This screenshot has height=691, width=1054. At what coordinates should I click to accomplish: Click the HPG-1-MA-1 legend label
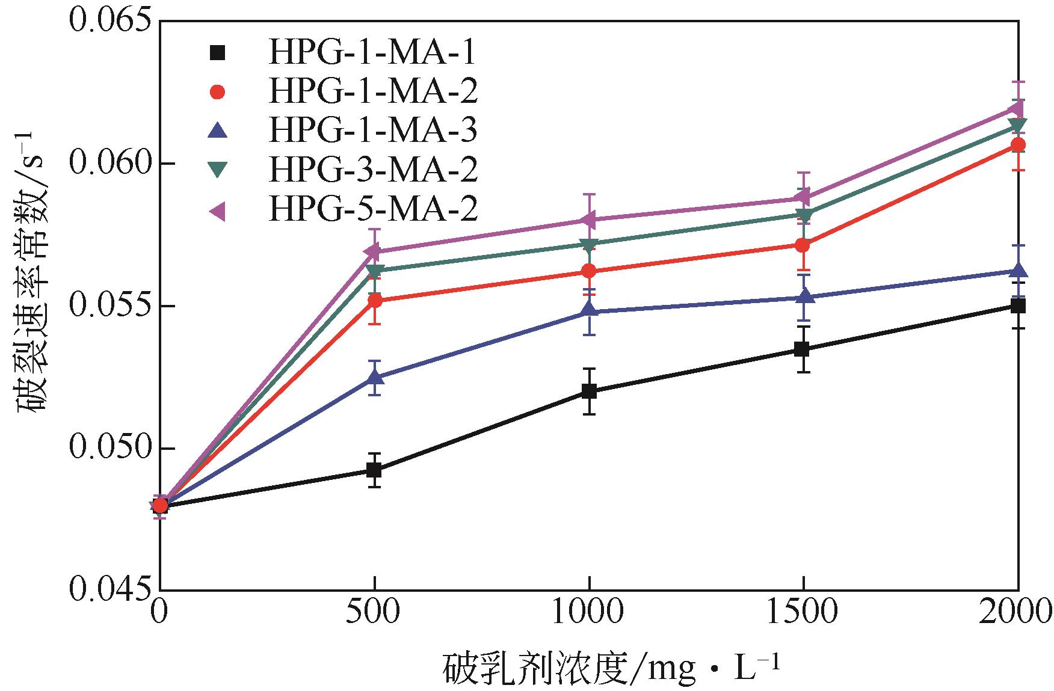click(x=372, y=54)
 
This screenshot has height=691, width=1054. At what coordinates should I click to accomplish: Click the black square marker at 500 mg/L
click(x=374, y=470)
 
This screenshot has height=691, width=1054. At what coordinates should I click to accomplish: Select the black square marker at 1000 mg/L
click(x=589, y=392)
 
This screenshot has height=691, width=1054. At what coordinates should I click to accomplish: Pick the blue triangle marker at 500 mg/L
click(x=375, y=377)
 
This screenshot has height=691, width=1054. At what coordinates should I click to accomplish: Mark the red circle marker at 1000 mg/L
click(x=589, y=271)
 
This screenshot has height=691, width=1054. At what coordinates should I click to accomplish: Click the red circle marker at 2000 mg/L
click(x=1018, y=145)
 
